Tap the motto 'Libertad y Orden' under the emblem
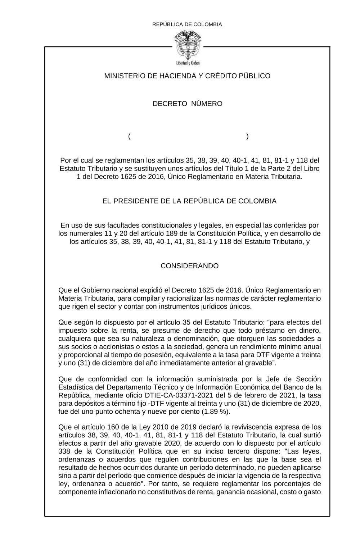(188, 63)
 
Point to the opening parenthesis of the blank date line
(129, 137)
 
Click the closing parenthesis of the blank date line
(247, 137)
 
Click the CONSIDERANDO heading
(189, 266)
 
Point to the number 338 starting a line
(64, 451)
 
